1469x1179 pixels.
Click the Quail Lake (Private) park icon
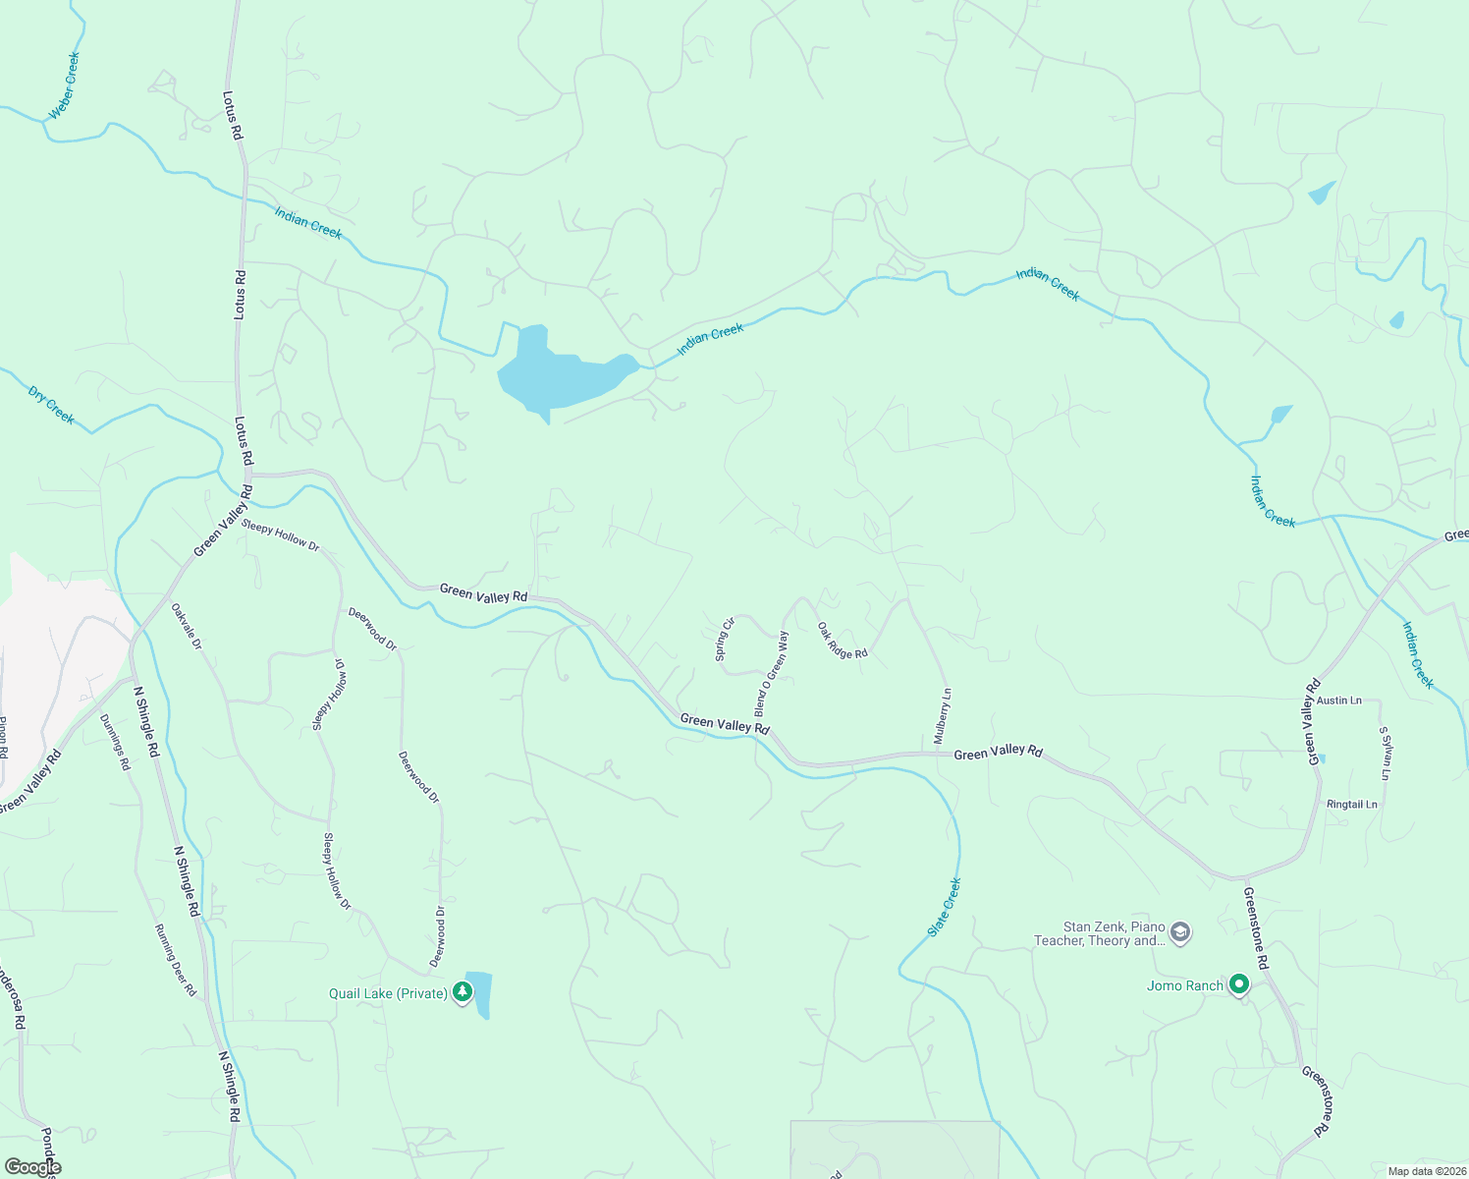(x=462, y=993)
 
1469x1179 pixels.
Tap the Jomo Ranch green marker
(x=1239, y=983)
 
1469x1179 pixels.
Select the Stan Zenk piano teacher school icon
(x=1180, y=931)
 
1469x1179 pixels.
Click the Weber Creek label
(x=65, y=85)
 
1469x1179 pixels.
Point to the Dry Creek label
(x=51, y=405)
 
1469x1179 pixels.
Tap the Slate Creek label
(x=945, y=906)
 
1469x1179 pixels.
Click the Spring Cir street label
(x=725, y=639)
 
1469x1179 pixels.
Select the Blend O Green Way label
(x=771, y=673)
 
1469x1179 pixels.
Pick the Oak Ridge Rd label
(x=843, y=640)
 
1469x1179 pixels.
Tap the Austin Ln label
(x=1339, y=701)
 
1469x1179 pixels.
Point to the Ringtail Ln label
(x=1352, y=804)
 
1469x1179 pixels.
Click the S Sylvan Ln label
(x=1385, y=754)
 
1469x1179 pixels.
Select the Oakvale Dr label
(x=186, y=626)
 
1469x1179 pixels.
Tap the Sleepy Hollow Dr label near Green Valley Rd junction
(x=281, y=535)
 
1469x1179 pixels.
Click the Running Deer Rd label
(x=176, y=960)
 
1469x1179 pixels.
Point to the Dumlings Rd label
(x=114, y=741)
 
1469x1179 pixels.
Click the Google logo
(x=32, y=1167)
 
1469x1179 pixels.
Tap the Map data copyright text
(x=1425, y=1171)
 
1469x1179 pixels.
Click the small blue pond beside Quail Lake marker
(x=479, y=993)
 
